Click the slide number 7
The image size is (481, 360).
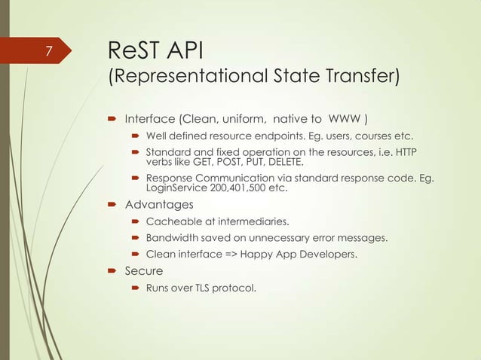pyautogui.click(x=48, y=52)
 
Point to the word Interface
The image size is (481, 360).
pyautogui.click(x=149, y=119)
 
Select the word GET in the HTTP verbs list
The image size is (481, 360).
pyautogui.click(x=198, y=161)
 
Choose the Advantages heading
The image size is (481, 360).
pyautogui.click(x=158, y=204)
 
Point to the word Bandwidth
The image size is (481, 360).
pyautogui.click(x=173, y=238)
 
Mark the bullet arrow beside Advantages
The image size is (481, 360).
pyautogui.click(x=112, y=205)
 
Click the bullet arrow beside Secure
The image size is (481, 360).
pyautogui.click(x=112, y=271)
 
